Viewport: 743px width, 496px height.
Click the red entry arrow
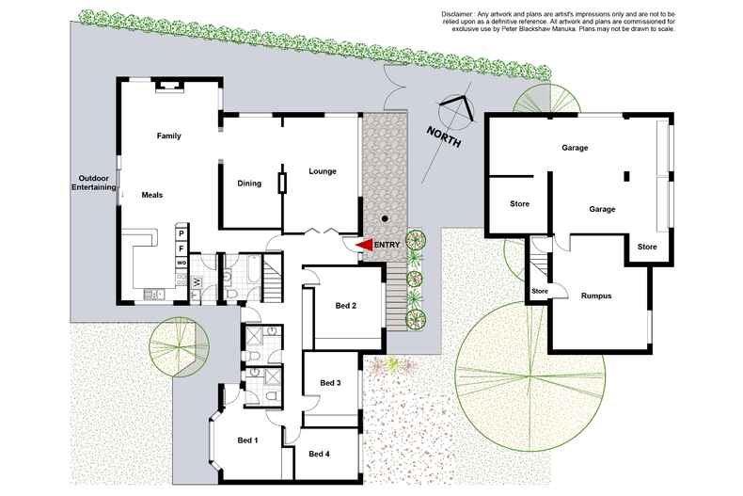[365, 245]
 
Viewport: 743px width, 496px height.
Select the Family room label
[168, 136]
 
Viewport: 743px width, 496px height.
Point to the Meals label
[152, 195]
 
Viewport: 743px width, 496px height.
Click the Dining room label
[249, 184]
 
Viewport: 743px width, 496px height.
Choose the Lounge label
[322, 170]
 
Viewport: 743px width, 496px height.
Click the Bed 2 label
[346, 305]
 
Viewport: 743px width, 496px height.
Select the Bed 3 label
[330, 382]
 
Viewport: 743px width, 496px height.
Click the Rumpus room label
[596, 296]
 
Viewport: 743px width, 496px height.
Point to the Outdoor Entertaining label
[94, 183]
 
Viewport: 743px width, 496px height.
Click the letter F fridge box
[182, 248]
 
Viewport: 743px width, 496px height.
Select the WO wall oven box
[182, 264]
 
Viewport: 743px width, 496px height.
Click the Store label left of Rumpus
[539, 291]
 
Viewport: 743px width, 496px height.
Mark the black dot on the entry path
[384, 217]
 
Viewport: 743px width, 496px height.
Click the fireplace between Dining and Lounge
[280, 183]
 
